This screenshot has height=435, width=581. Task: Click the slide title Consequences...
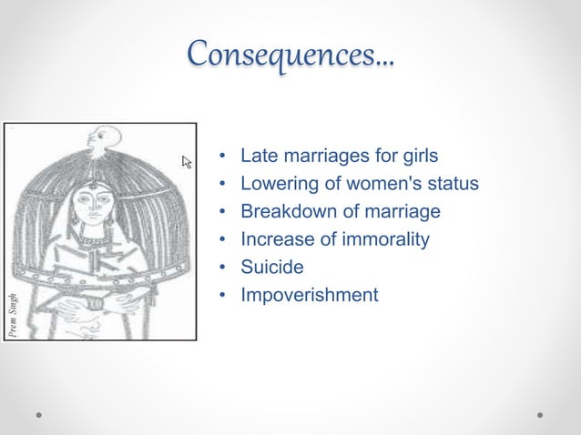click(290, 57)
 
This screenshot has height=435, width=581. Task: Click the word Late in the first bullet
click(258, 157)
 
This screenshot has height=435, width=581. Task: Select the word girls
click(418, 157)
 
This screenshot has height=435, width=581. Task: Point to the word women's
click(379, 184)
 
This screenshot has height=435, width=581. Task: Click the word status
click(450, 184)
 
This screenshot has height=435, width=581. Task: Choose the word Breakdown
click(283, 212)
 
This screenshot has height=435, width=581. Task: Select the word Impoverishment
click(309, 295)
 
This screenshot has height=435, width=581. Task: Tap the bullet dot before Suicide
click(222, 268)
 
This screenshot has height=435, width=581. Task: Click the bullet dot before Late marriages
click(222, 157)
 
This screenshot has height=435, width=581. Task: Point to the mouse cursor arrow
click(187, 162)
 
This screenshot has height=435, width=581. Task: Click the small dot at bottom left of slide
click(40, 415)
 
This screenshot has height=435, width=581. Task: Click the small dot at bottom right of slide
click(540, 415)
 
